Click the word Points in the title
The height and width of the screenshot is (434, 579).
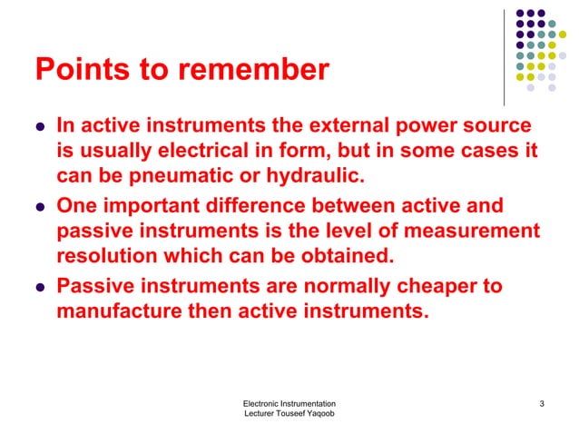click(x=74, y=70)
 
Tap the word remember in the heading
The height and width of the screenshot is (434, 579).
click(x=263, y=70)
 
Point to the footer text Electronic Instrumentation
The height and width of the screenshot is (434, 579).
click(x=290, y=403)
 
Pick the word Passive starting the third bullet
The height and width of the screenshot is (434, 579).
click(x=93, y=287)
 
